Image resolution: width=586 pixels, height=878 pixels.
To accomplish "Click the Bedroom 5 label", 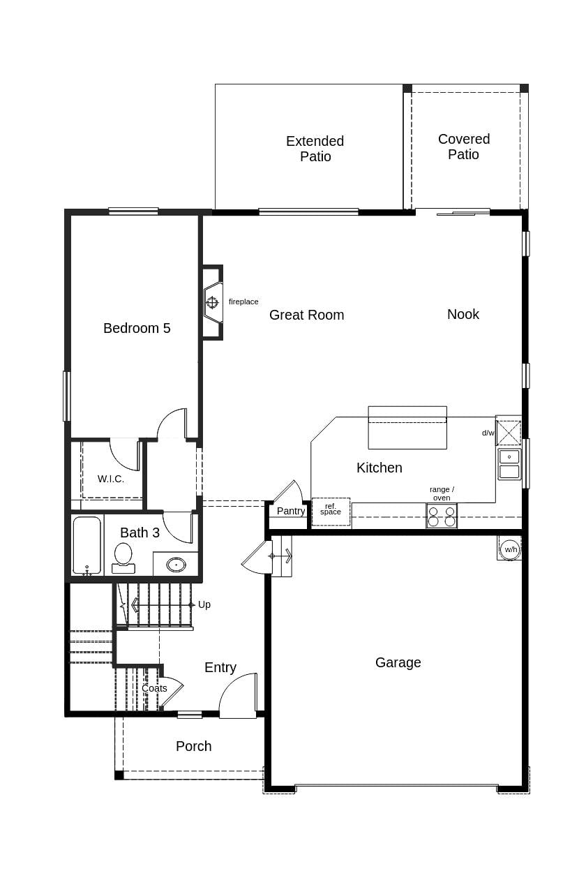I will tap(137, 328).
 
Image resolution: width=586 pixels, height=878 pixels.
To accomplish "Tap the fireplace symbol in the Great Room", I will tap(212, 302).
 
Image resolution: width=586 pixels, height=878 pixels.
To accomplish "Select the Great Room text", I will tap(306, 315).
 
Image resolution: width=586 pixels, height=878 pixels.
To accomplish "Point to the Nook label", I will tap(463, 314).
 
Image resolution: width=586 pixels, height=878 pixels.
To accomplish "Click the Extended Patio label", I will tap(315, 149).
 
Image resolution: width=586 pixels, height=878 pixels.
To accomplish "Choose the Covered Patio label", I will tap(464, 147).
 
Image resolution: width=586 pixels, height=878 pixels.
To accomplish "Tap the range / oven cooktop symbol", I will tap(442, 516).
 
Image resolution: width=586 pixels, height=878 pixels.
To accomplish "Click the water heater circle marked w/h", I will tap(511, 549).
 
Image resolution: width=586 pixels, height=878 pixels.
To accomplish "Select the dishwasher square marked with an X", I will tap(509, 433).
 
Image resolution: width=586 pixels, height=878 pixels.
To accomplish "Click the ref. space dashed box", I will tap(331, 512).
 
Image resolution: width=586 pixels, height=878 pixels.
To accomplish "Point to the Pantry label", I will tap(291, 511).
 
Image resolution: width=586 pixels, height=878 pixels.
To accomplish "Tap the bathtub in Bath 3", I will tap(87, 545).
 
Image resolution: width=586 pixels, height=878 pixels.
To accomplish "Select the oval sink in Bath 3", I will tap(176, 565).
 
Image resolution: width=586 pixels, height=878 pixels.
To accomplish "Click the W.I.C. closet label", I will tap(111, 479).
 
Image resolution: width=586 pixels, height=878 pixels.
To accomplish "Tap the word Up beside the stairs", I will tap(204, 604).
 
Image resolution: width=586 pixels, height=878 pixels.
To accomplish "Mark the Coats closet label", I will tap(154, 688).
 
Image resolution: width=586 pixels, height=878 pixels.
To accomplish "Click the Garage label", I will tap(398, 662).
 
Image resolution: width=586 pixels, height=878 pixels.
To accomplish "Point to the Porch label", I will tap(193, 746).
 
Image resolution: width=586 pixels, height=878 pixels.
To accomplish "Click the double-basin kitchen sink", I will tap(509, 464).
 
